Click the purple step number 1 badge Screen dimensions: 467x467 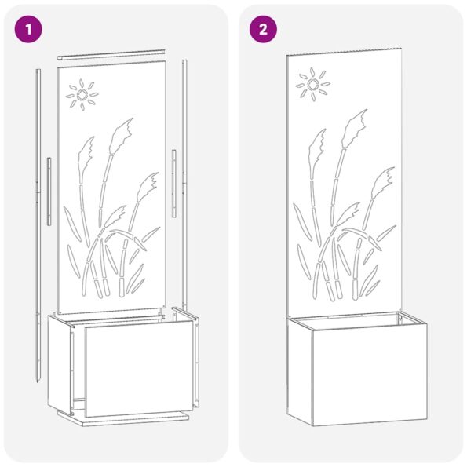[x=30, y=30]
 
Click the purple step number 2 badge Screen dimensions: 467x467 [x=264, y=30]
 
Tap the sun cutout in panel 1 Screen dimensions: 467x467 [x=82, y=96]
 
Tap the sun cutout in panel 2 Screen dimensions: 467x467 [x=312, y=83]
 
